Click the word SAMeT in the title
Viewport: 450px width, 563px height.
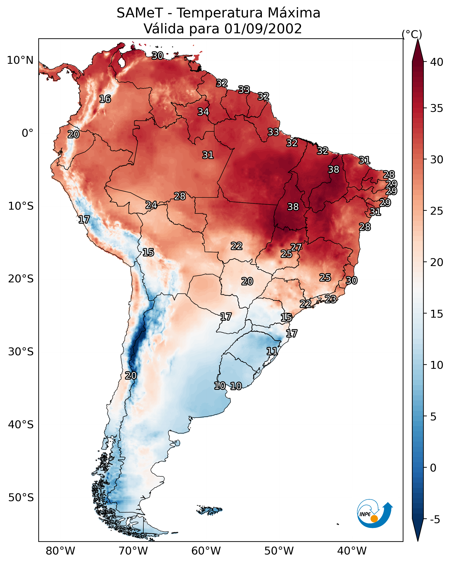click(140, 13)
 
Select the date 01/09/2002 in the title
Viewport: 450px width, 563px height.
click(263, 29)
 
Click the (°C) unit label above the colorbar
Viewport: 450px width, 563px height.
click(412, 34)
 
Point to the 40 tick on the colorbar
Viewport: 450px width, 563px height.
click(437, 62)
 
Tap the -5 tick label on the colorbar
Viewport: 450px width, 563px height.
click(435, 520)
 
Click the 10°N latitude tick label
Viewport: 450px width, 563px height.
click(20, 60)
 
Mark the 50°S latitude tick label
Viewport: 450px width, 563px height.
click(21, 498)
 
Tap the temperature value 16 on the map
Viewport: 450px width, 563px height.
click(105, 99)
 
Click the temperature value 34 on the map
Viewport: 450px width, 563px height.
click(203, 112)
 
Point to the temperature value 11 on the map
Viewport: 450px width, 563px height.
click(272, 351)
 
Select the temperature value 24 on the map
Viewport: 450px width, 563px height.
click(151, 205)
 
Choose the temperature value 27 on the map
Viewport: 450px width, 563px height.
click(296, 247)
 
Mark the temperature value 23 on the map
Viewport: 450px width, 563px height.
click(330, 299)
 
